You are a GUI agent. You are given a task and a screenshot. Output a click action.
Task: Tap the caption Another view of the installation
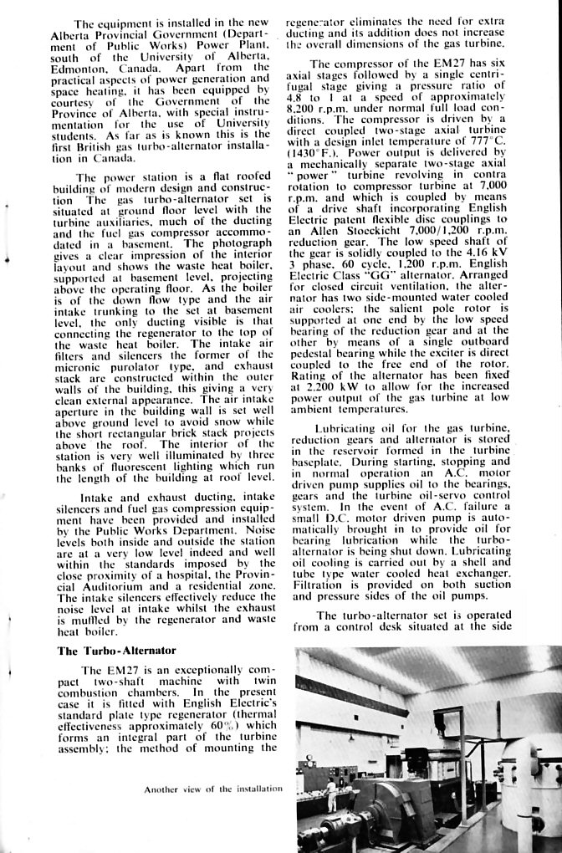pyautogui.click(x=213, y=789)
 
